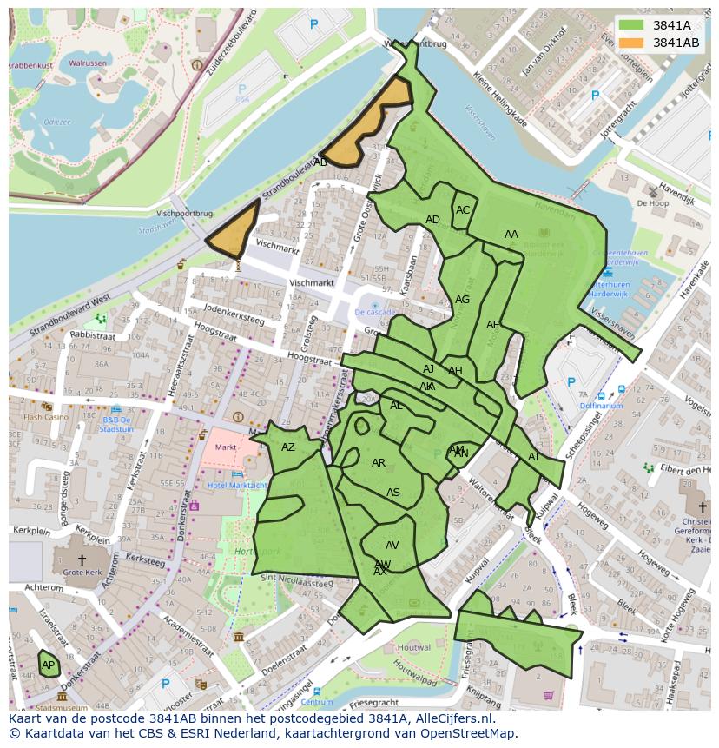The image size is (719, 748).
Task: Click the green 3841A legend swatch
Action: (631, 25)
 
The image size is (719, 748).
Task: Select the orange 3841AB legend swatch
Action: (631, 43)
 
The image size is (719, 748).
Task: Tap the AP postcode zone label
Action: (49, 665)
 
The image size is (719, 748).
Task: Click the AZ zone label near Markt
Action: (288, 447)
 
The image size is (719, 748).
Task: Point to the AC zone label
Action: (463, 210)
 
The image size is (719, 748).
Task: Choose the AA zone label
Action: (511, 235)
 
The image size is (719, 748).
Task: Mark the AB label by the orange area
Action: (320, 162)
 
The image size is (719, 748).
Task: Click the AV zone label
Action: (392, 546)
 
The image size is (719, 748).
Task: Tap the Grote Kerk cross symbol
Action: (82, 560)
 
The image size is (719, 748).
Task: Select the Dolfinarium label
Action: (601, 406)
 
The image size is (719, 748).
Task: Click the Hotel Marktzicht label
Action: (237, 485)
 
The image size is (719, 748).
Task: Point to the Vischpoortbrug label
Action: (185, 213)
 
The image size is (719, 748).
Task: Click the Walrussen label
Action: (88, 63)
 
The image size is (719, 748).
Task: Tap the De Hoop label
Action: (652, 203)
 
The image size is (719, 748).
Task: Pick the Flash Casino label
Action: (45, 417)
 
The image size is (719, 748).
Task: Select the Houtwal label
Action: (413, 647)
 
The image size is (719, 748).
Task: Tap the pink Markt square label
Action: (226, 447)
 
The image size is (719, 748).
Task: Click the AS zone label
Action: (393, 493)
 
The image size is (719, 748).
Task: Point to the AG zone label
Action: (462, 300)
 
